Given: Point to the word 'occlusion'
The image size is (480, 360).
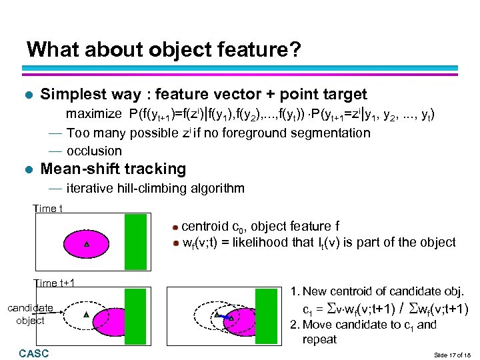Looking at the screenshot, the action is tap(94, 151).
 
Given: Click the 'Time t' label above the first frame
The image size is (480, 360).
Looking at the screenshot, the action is tap(48, 209).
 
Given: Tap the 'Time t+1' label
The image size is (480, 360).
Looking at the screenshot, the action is tap(55, 283).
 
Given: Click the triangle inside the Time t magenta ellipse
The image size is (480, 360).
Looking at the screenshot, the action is tap(87, 245).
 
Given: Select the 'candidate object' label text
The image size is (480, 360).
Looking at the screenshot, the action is tap(30, 314).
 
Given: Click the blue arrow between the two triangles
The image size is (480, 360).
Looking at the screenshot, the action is tap(223, 317).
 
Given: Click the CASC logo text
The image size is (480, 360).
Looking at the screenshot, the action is tap(34, 353).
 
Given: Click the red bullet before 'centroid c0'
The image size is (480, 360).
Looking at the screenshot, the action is tap(175, 227).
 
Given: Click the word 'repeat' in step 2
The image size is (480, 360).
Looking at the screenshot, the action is tap(319, 339).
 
